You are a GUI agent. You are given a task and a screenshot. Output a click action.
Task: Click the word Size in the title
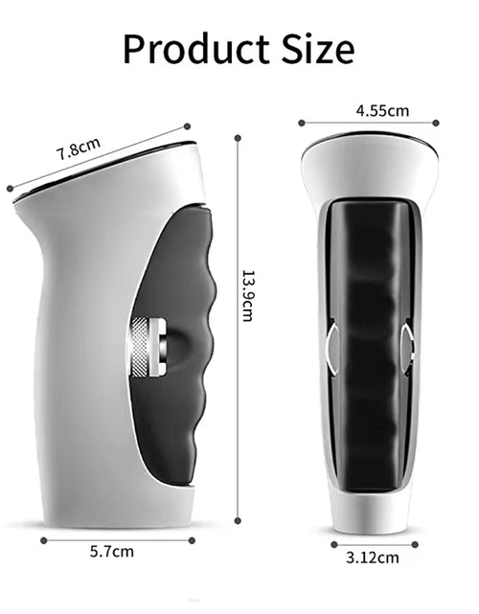tap(315, 47)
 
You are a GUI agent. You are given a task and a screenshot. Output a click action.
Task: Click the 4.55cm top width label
tap(382, 110)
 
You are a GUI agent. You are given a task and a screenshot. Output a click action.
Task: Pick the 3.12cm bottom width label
tap(372, 556)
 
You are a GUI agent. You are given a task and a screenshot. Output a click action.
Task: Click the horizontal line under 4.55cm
tap(369, 123)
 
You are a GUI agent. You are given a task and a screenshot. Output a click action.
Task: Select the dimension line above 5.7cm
tap(118, 539)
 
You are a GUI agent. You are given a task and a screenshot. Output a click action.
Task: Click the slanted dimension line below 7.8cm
tap(96, 157)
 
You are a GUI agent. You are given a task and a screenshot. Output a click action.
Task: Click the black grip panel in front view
tap(370, 345)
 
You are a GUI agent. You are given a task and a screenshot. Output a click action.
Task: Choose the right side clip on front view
tap(409, 347)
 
